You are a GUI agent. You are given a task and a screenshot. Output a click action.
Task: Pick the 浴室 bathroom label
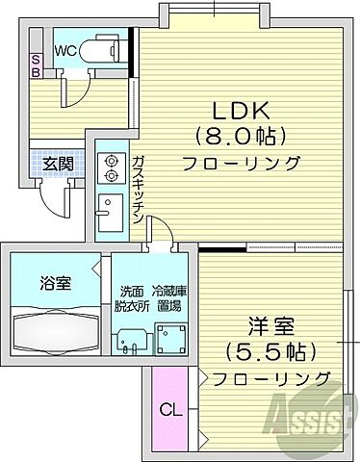point(54,285)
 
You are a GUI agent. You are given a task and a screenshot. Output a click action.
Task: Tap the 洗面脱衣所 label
point(133,299)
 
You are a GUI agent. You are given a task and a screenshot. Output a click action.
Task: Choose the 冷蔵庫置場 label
point(172,299)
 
